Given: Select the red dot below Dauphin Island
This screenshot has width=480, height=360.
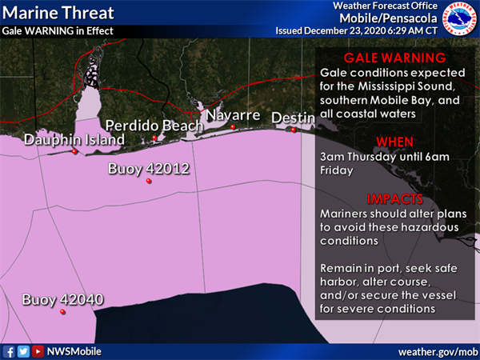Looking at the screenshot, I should [74, 151].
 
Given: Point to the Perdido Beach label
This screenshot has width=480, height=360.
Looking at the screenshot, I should [149, 126].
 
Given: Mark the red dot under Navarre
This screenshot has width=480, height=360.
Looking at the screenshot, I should [233, 126].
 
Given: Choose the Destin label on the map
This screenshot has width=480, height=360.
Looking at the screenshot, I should [293, 118].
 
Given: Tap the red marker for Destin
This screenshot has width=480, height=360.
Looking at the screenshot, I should [294, 130].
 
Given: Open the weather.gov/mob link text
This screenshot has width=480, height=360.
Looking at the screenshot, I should [438, 351].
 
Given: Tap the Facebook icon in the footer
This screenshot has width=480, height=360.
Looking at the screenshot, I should [9, 351].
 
